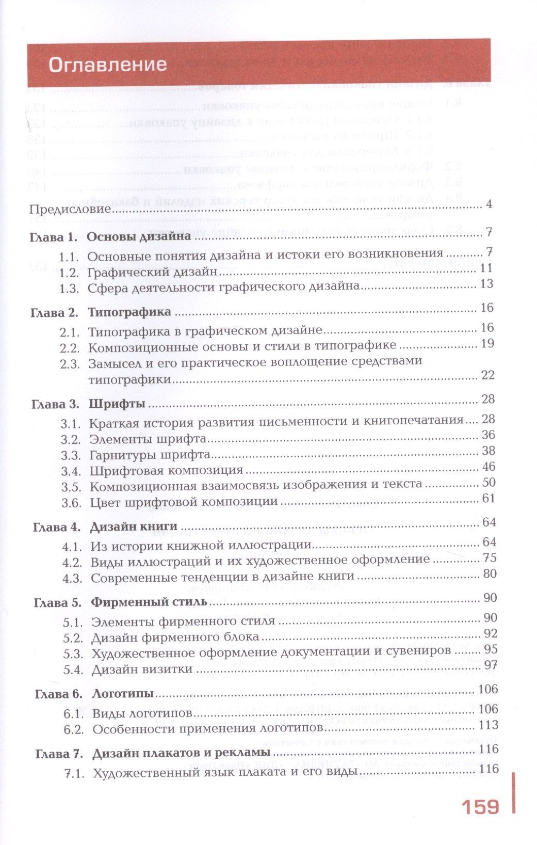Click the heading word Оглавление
(x=107, y=65)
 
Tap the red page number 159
(x=479, y=807)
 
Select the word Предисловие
(x=71, y=209)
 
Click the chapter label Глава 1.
(x=53, y=237)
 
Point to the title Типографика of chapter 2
(x=129, y=312)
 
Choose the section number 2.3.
(x=70, y=364)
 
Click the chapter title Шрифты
(x=117, y=404)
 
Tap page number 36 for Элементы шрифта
(x=488, y=435)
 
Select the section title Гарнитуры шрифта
(x=150, y=455)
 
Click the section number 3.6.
(x=71, y=503)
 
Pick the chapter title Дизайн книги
(x=134, y=527)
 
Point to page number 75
(x=490, y=558)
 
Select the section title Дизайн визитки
(x=142, y=669)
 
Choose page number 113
(x=487, y=725)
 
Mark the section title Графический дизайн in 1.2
(x=152, y=272)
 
